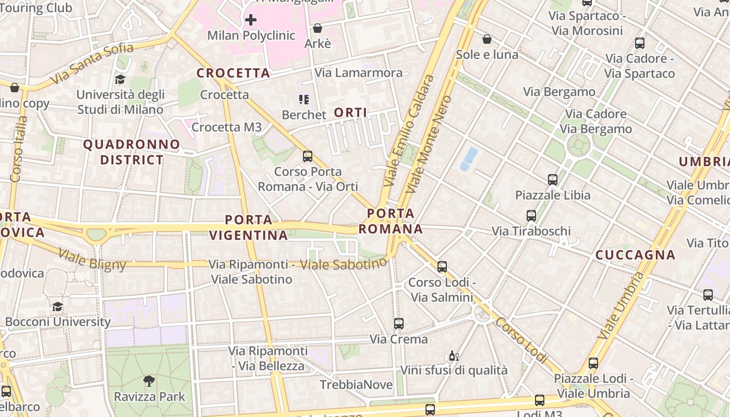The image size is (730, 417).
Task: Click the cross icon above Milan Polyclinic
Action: (x=251, y=20)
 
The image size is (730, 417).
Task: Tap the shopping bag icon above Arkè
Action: (x=318, y=28)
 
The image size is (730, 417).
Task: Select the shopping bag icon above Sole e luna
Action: (x=487, y=39)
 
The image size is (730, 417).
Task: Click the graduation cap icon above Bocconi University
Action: (x=57, y=306)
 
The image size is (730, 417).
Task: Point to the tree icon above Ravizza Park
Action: (x=149, y=381)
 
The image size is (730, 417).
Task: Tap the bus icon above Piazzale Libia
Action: (x=553, y=180)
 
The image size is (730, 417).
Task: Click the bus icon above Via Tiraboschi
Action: (x=531, y=216)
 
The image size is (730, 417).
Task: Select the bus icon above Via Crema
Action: (x=399, y=324)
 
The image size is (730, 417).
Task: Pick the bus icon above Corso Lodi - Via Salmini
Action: (x=442, y=267)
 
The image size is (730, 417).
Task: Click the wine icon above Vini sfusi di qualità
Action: (x=454, y=356)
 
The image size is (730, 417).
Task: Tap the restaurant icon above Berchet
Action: (x=303, y=99)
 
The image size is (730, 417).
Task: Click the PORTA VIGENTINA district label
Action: (x=249, y=227)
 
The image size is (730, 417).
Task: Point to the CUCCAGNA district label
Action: (x=635, y=255)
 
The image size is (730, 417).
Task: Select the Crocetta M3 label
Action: (x=227, y=127)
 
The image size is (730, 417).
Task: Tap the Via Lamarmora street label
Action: (x=359, y=72)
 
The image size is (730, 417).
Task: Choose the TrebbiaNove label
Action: (x=356, y=385)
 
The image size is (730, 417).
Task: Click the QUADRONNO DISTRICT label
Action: (x=131, y=152)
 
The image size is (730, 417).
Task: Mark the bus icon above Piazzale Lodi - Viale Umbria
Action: (x=593, y=363)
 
